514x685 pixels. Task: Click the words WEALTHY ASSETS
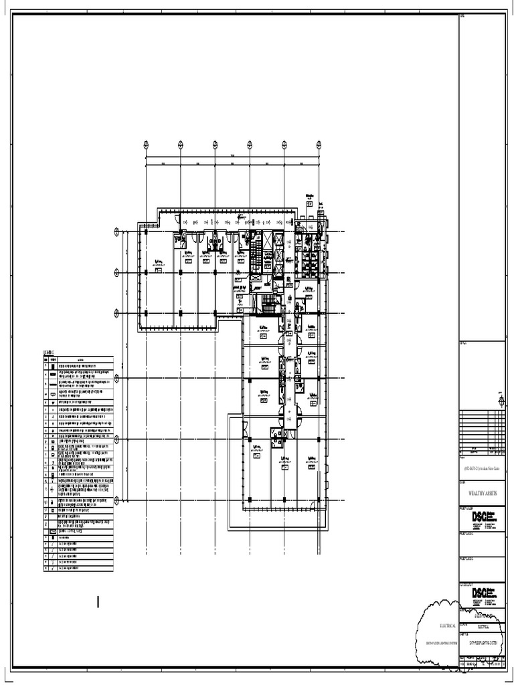tap(481, 492)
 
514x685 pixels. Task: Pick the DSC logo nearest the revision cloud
tap(480, 593)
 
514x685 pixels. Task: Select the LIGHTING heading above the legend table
tap(51, 351)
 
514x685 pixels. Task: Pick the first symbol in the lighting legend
tap(53, 367)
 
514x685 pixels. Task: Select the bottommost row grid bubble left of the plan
tap(117, 498)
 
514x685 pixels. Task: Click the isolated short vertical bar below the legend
tap(98, 602)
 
